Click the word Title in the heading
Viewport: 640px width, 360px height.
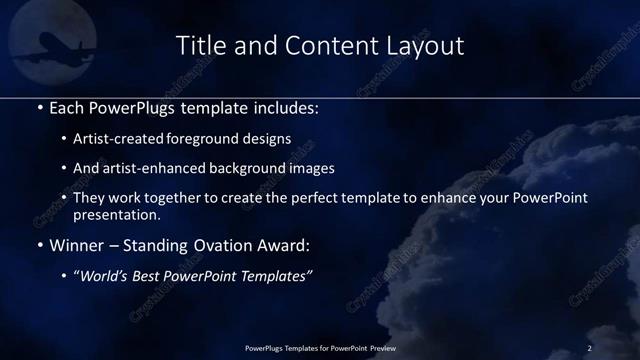pos(198,46)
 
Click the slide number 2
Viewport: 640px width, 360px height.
pos(590,347)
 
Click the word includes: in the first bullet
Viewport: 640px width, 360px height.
pos(288,105)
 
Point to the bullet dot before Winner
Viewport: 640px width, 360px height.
pos(39,245)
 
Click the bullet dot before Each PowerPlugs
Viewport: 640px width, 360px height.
pos(39,106)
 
